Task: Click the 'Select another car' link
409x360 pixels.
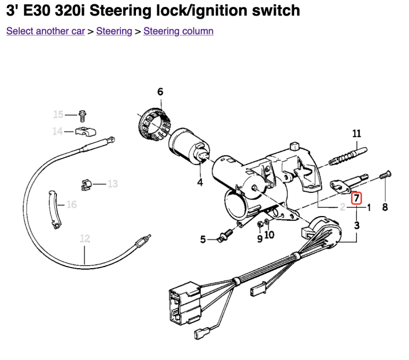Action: point(45,31)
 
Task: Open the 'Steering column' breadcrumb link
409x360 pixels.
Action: point(178,31)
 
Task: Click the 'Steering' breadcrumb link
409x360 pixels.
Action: point(114,31)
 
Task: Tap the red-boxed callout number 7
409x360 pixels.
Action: point(356,199)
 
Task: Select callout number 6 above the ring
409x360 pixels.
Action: point(160,92)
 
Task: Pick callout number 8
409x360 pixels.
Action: point(385,208)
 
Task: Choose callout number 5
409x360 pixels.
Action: point(202,240)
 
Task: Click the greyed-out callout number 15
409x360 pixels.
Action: point(58,114)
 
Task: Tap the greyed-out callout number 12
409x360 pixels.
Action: point(85,238)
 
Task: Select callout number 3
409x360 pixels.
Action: point(356,225)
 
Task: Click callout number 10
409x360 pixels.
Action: point(269,234)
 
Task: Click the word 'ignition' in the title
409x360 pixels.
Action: point(208,10)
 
